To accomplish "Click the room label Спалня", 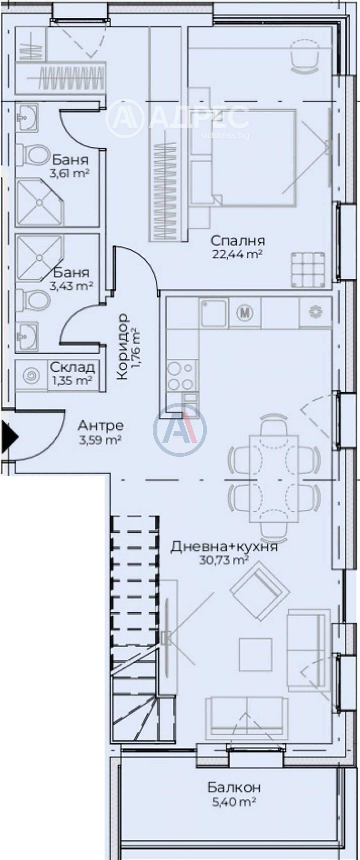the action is click(238, 241).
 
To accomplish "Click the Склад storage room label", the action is click(72, 367).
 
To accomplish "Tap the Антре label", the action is click(100, 426).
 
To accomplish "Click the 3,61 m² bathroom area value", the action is click(69, 174).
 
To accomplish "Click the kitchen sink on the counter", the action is click(214, 312).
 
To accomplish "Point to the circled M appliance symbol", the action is click(244, 312).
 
